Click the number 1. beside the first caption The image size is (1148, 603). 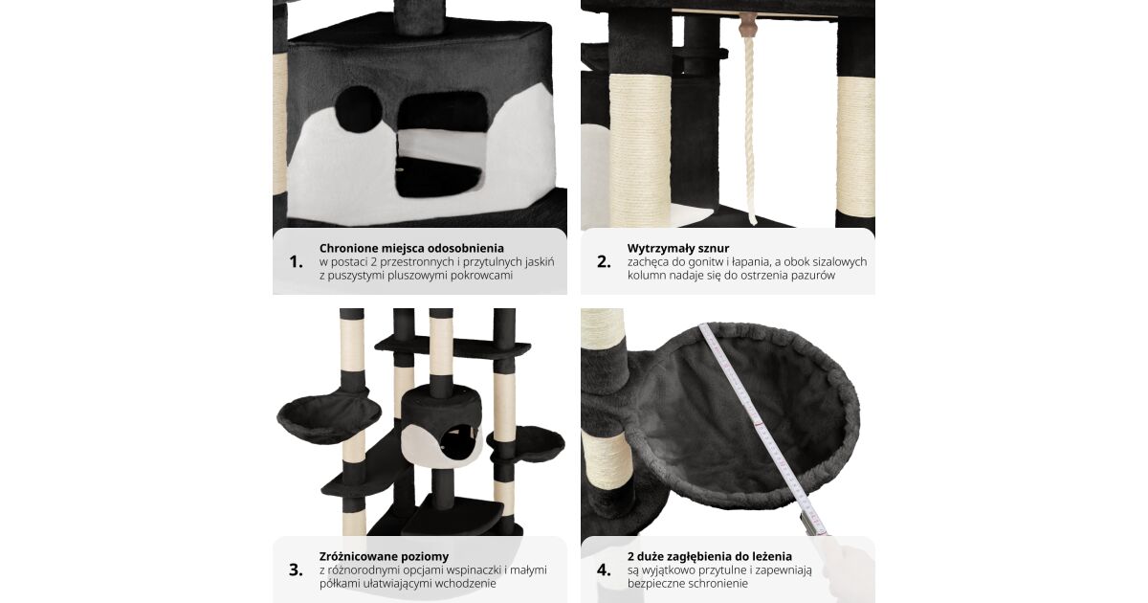click(x=296, y=262)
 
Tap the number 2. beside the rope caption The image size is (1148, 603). click(x=604, y=262)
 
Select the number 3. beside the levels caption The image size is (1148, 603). click(x=296, y=569)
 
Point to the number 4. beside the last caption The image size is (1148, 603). click(x=604, y=569)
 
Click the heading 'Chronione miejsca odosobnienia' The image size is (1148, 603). click(x=411, y=248)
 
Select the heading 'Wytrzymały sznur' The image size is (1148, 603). click(x=678, y=248)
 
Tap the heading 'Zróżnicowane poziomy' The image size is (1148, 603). click(x=384, y=556)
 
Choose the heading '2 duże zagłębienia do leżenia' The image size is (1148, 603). click(x=709, y=556)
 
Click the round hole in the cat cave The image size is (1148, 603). click(x=358, y=109)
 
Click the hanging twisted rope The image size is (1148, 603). click(x=749, y=128)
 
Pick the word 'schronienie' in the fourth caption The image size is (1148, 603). click(x=717, y=584)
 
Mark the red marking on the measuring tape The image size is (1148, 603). click(x=759, y=425)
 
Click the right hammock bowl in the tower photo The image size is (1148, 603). click(x=526, y=443)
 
